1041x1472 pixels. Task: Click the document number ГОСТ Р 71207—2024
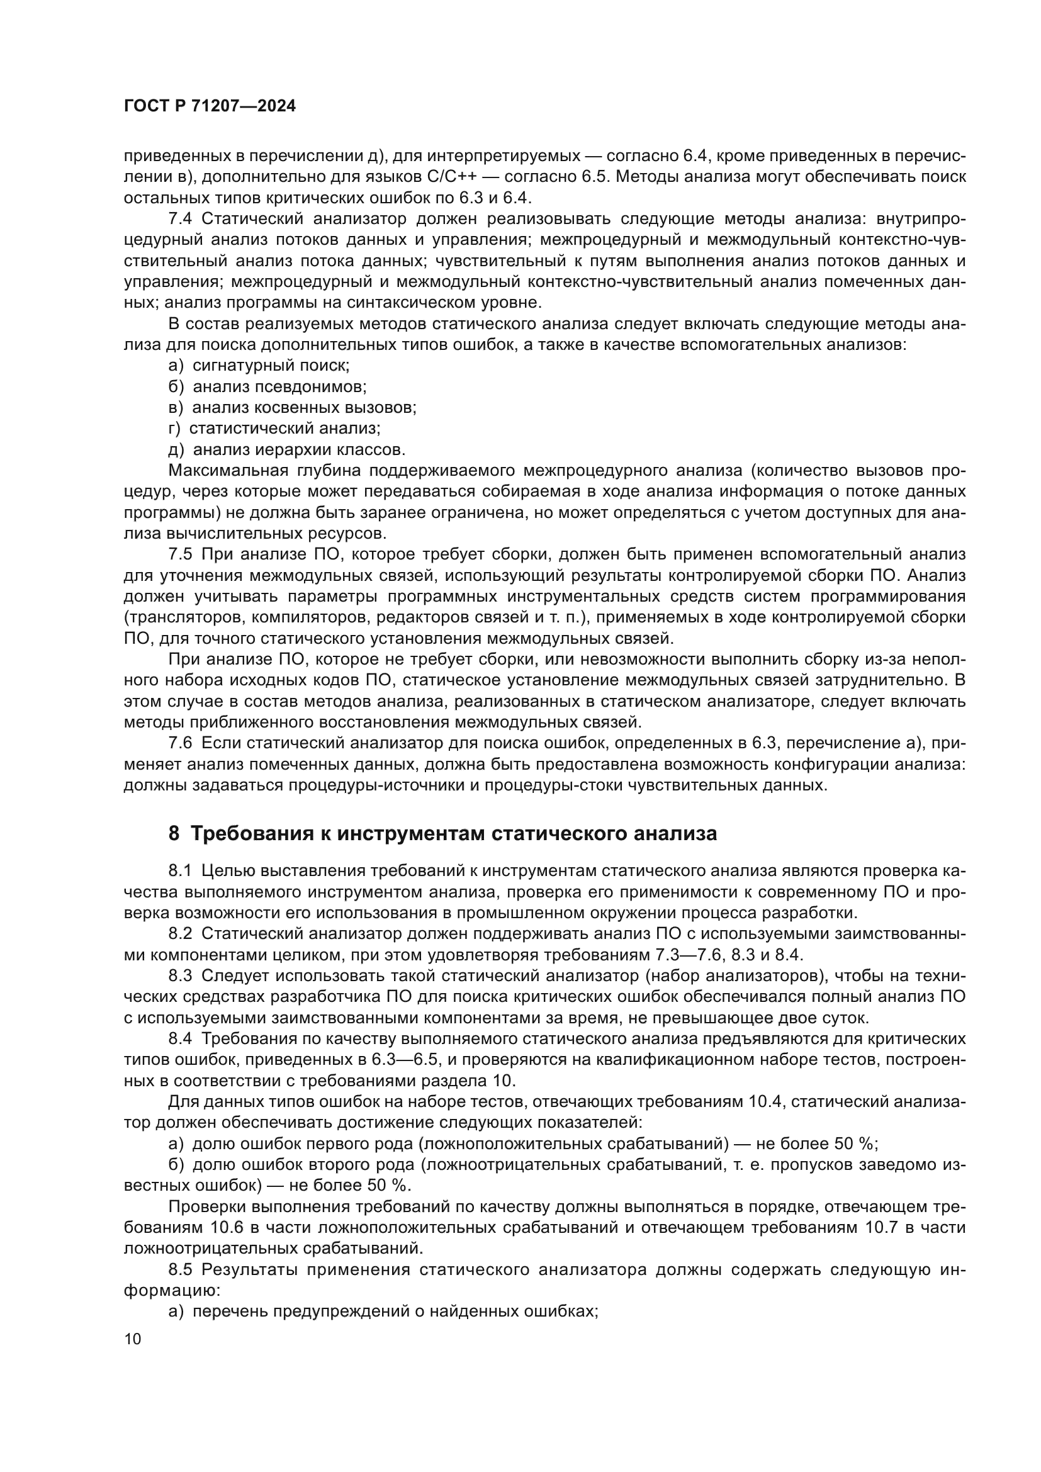pyautogui.click(x=210, y=106)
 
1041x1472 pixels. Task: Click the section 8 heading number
pyautogui.click(x=174, y=834)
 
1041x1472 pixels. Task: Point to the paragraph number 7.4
pyautogui.click(x=180, y=218)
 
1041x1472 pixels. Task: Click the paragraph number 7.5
pyautogui.click(x=180, y=554)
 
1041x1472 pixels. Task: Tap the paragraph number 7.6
pyautogui.click(x=180, y=743)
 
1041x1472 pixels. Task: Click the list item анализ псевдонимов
pyautogui.click(x=279, y=386)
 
